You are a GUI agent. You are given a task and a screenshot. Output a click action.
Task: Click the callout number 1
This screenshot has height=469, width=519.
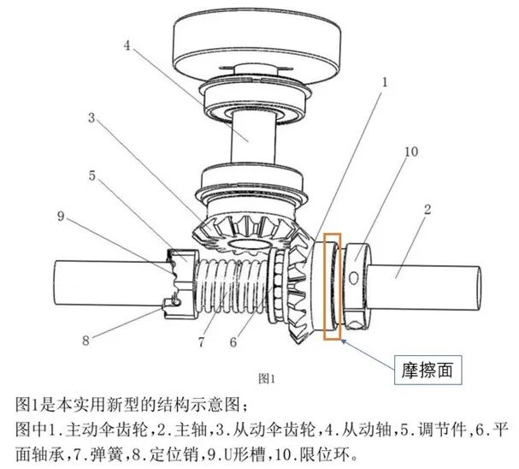tap(386, 82)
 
